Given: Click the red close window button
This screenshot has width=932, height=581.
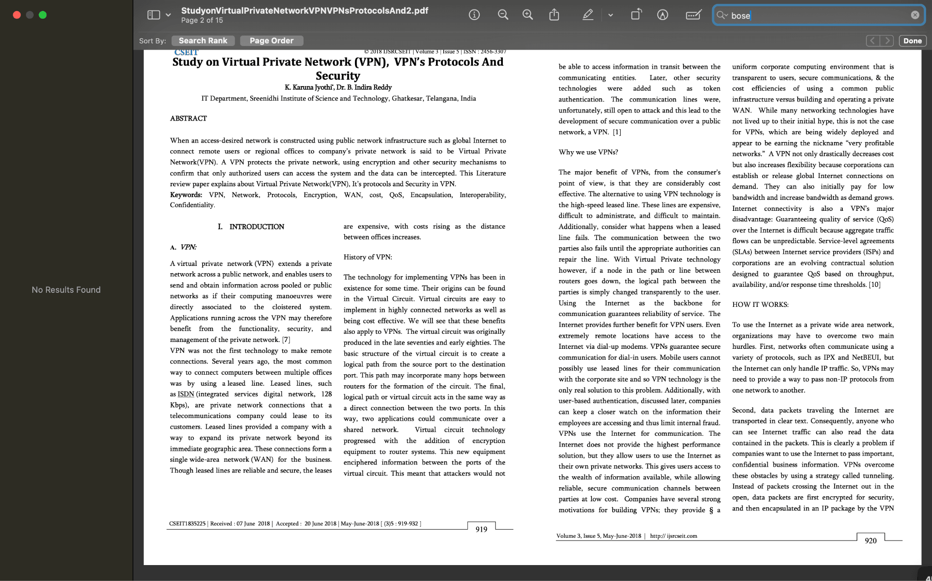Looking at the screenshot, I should pos(17,15).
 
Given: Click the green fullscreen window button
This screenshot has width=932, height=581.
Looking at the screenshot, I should pos(43,15).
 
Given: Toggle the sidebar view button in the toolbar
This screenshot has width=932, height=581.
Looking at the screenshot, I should pos(154,15).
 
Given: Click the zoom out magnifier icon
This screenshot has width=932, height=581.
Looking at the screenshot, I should pos(503,15).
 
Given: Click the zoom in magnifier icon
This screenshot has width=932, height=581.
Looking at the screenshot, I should pos(527,15).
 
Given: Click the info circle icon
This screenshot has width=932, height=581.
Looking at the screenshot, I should pos(474,15).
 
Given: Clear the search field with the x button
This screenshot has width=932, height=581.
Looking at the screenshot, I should pos(915,15).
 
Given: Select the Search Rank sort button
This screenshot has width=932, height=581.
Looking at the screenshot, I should pos(203,41).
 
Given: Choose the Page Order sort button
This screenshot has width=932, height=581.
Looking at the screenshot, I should pos(272,41).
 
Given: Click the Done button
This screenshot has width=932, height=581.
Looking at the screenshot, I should pos(912,41).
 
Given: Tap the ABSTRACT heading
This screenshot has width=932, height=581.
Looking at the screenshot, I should pos(188,118).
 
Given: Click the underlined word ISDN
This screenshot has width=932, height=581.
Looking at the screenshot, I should pos(186,394).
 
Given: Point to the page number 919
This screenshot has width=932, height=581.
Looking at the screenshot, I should pos(481,529).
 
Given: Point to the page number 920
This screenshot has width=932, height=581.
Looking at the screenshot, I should pos(871,540).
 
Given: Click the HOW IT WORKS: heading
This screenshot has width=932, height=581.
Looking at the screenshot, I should pos(760,305).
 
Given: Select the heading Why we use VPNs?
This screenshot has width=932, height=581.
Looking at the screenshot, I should pos(588,152).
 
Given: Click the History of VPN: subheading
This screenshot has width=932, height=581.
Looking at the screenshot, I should pos(368,257).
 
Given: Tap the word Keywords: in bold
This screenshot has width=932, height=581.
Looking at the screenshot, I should pos(186,195).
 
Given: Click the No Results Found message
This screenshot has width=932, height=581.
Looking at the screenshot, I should pos(66,290).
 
